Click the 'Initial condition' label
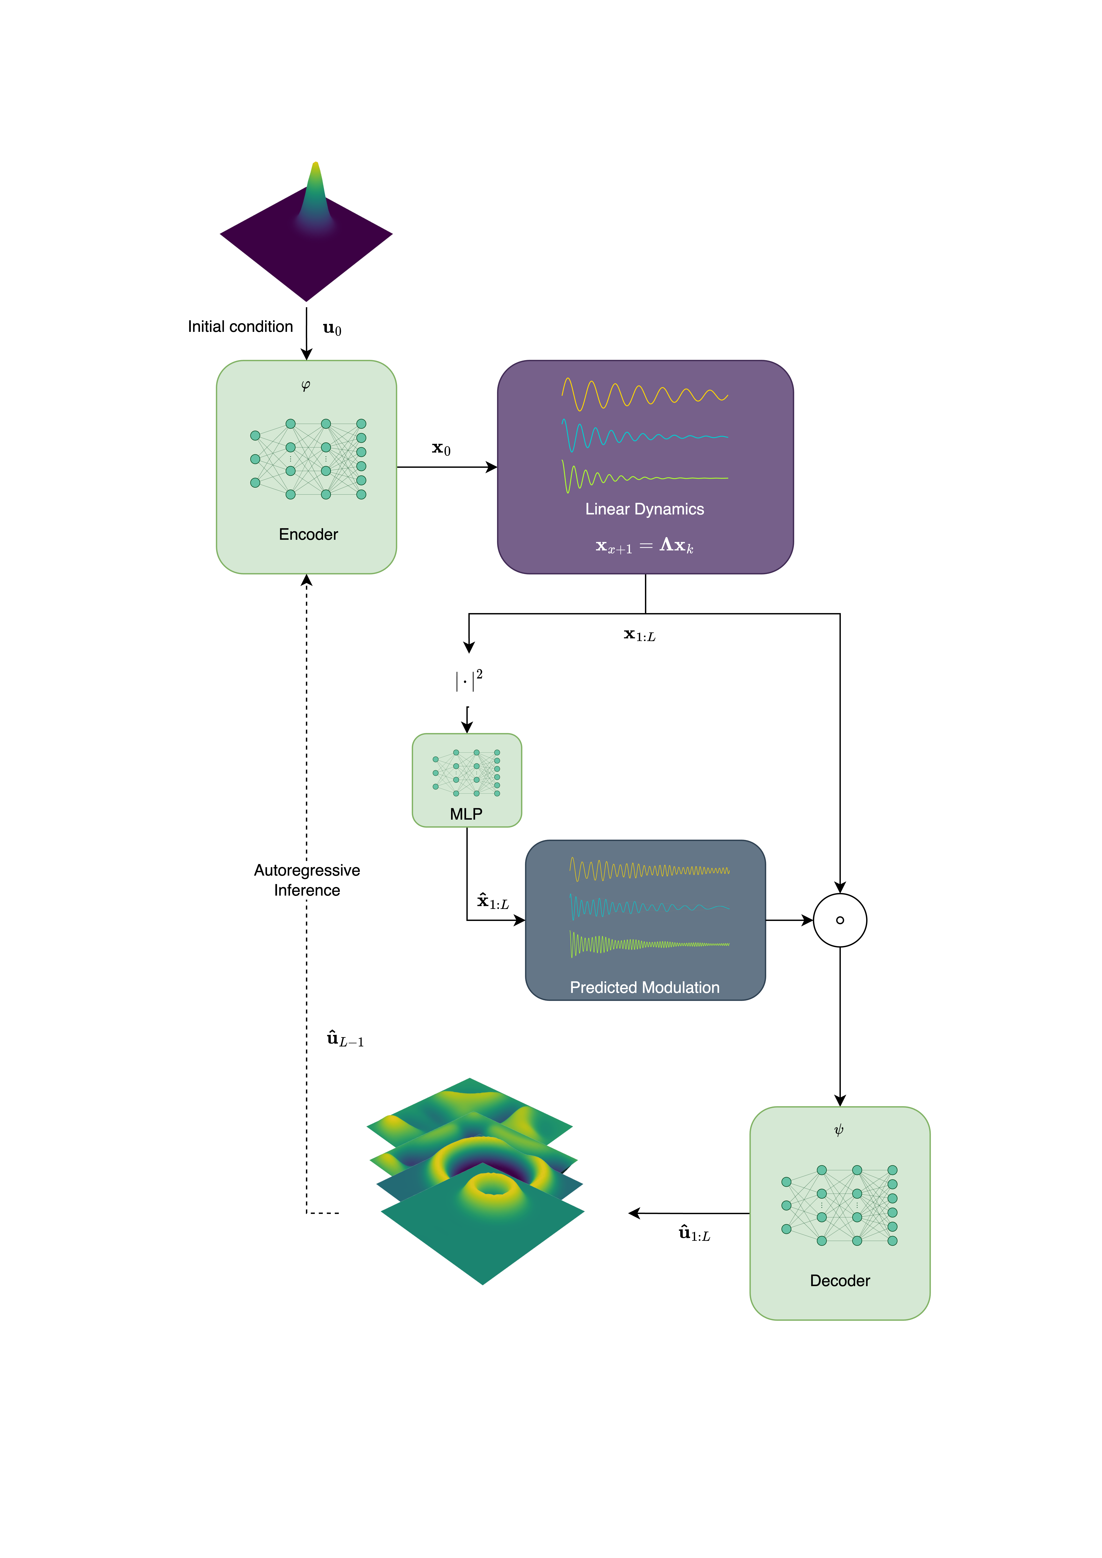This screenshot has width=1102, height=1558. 240,326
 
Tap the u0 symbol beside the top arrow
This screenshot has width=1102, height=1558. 332,329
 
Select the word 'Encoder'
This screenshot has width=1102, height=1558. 308,534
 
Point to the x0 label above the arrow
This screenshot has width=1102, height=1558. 441,448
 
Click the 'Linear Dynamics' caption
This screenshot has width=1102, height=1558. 645,509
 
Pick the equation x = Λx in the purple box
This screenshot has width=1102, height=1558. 645,546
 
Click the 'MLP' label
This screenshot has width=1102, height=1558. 466,814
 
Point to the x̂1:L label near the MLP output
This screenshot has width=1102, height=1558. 493,901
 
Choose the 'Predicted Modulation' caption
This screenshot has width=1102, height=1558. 645,987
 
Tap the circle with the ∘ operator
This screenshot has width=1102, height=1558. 840,894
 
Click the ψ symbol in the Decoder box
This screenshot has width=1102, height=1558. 839,1130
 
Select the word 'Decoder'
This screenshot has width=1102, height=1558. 840,1280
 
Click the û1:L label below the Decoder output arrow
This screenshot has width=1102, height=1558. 694,1233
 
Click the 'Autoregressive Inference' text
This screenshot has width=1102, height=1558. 307,880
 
